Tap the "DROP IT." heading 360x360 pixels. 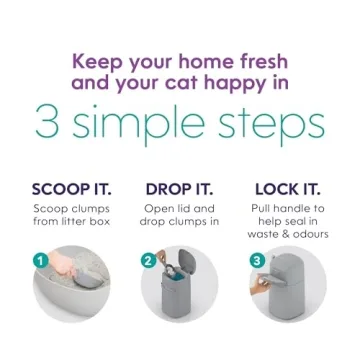tap(179, 190)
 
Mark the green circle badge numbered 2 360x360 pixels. tap(147, 261)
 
